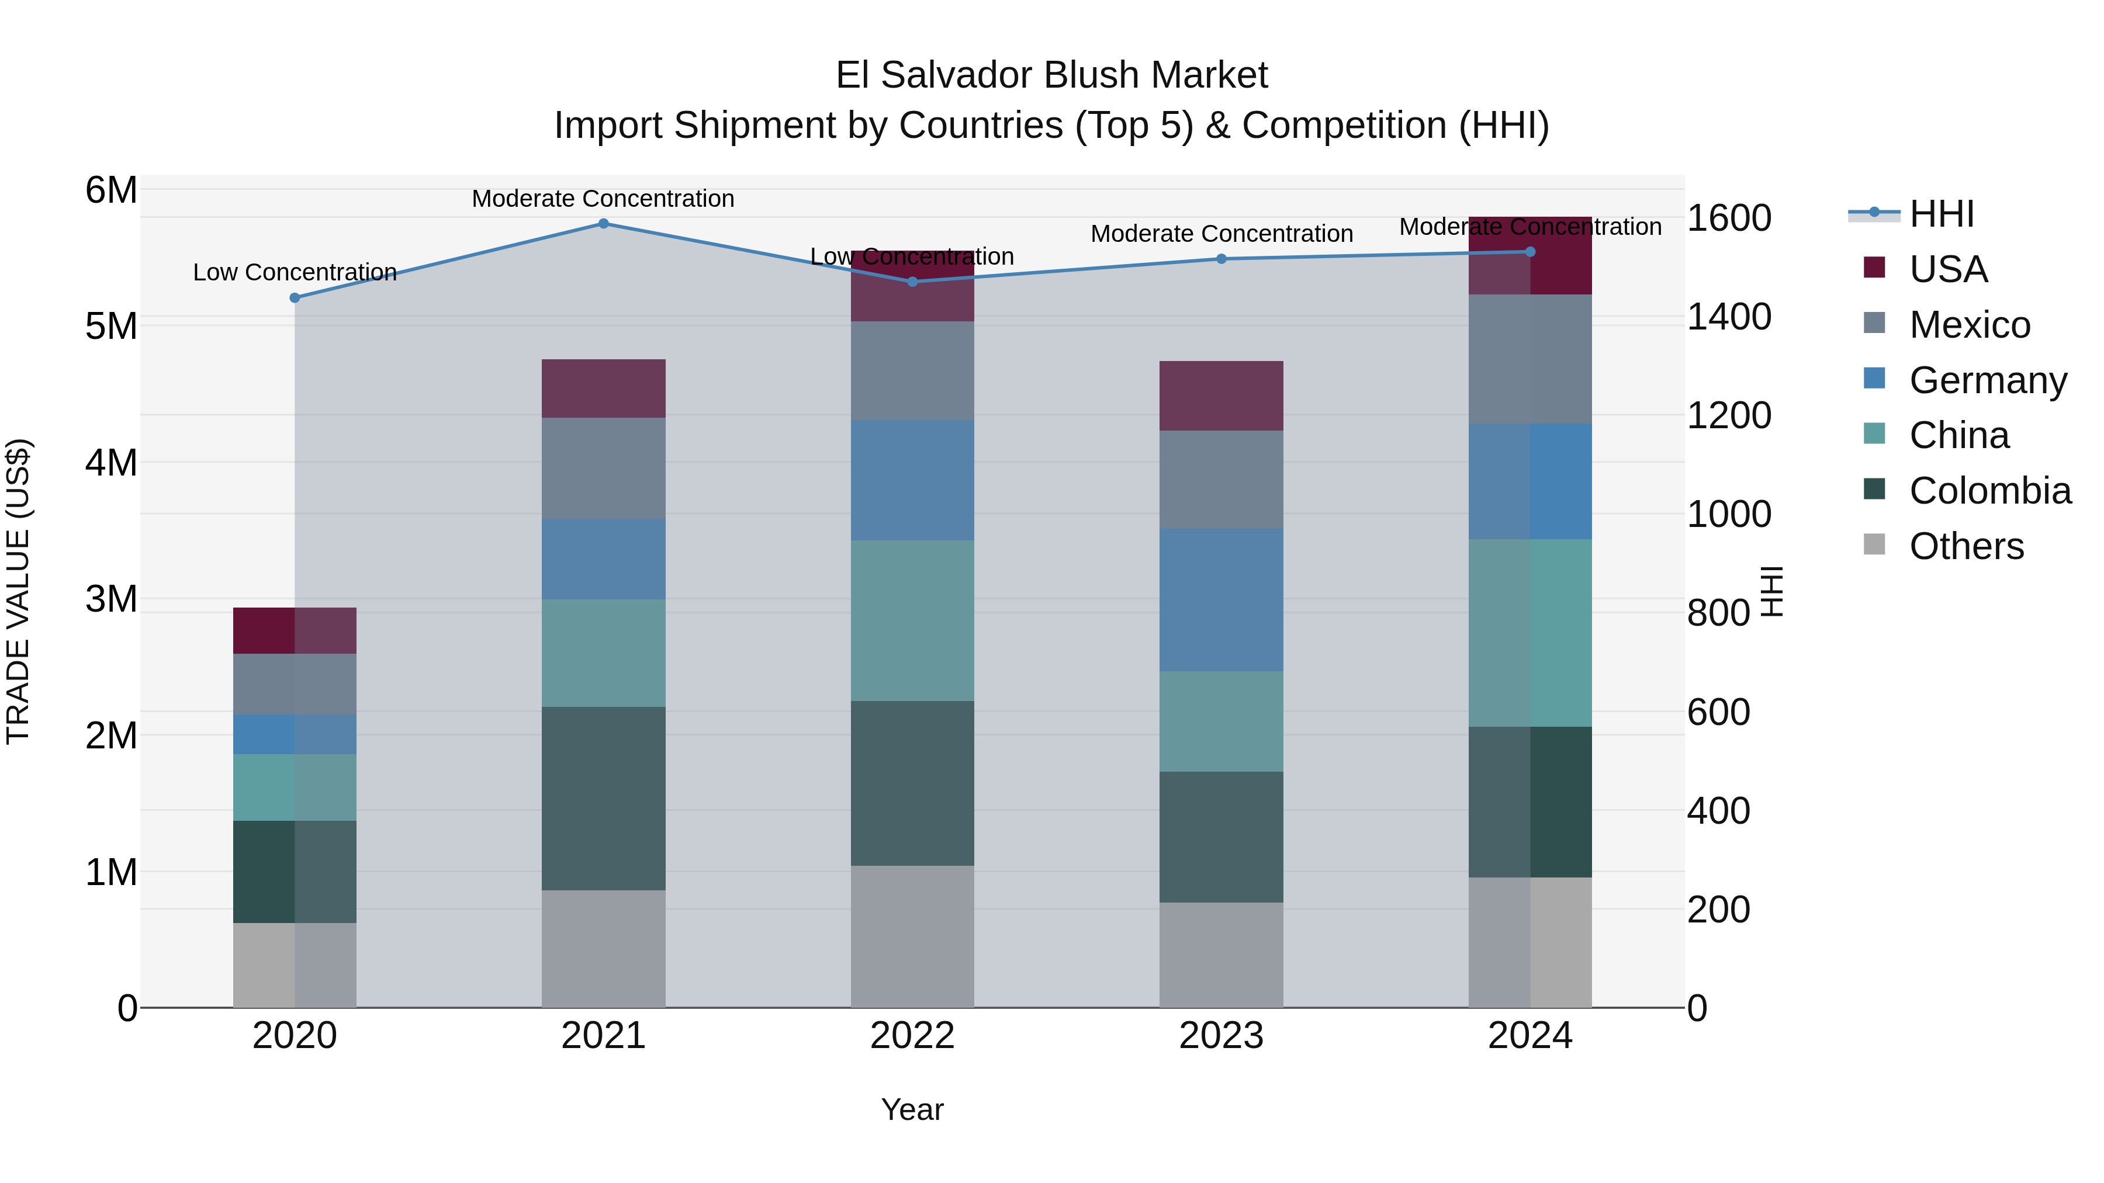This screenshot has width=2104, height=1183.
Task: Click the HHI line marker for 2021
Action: [604, 224]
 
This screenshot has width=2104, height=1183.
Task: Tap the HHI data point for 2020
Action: [295, 298]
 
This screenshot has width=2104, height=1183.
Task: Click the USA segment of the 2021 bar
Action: [604, 388]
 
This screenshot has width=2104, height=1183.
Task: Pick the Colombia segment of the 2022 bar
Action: [912, 783]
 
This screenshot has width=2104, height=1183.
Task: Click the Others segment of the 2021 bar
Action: [604, 949]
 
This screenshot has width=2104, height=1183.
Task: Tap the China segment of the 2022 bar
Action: [912, 620]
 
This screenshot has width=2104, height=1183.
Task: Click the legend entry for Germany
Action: [1987, 380]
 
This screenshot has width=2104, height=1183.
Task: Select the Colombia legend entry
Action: [1989, 491]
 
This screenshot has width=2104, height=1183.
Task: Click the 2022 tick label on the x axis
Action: [912, 1036]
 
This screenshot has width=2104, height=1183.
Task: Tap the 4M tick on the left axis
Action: [111, 463]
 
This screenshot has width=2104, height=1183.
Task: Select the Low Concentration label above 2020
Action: [295, 272]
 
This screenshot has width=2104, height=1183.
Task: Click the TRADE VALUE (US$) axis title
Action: [18, 591]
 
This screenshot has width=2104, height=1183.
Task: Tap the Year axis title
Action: [912, 1109]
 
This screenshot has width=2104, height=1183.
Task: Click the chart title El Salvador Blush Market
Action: [1051, 75]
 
